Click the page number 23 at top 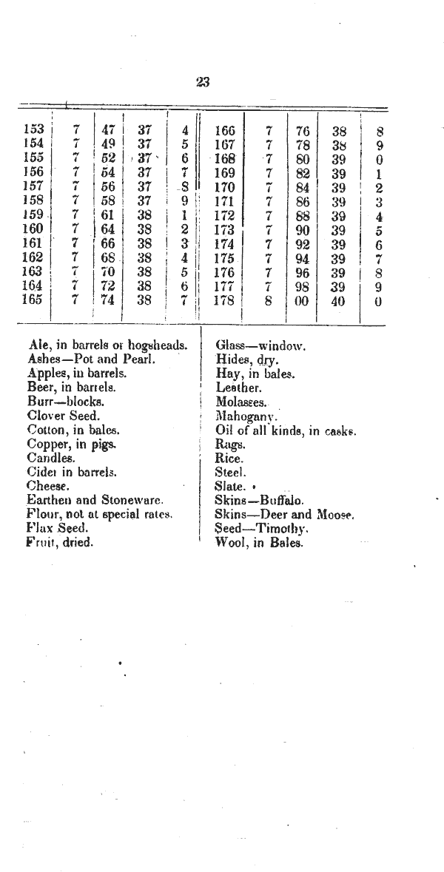(x=203, y=83)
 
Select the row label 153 (x=34, y=130)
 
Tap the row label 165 (x=34, y=300)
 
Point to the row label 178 (x=224, y=300)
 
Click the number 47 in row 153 (x=108, y=130)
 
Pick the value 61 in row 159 (x=108, y=214)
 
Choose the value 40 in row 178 (x=338, y=300)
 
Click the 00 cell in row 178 (x=301, y=300)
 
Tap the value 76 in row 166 (x=301, y=131)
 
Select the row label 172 (x=224, y=215)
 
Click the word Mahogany (x=246, y=416)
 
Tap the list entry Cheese (x=48, y=486)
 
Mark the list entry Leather (x=238, y=388)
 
